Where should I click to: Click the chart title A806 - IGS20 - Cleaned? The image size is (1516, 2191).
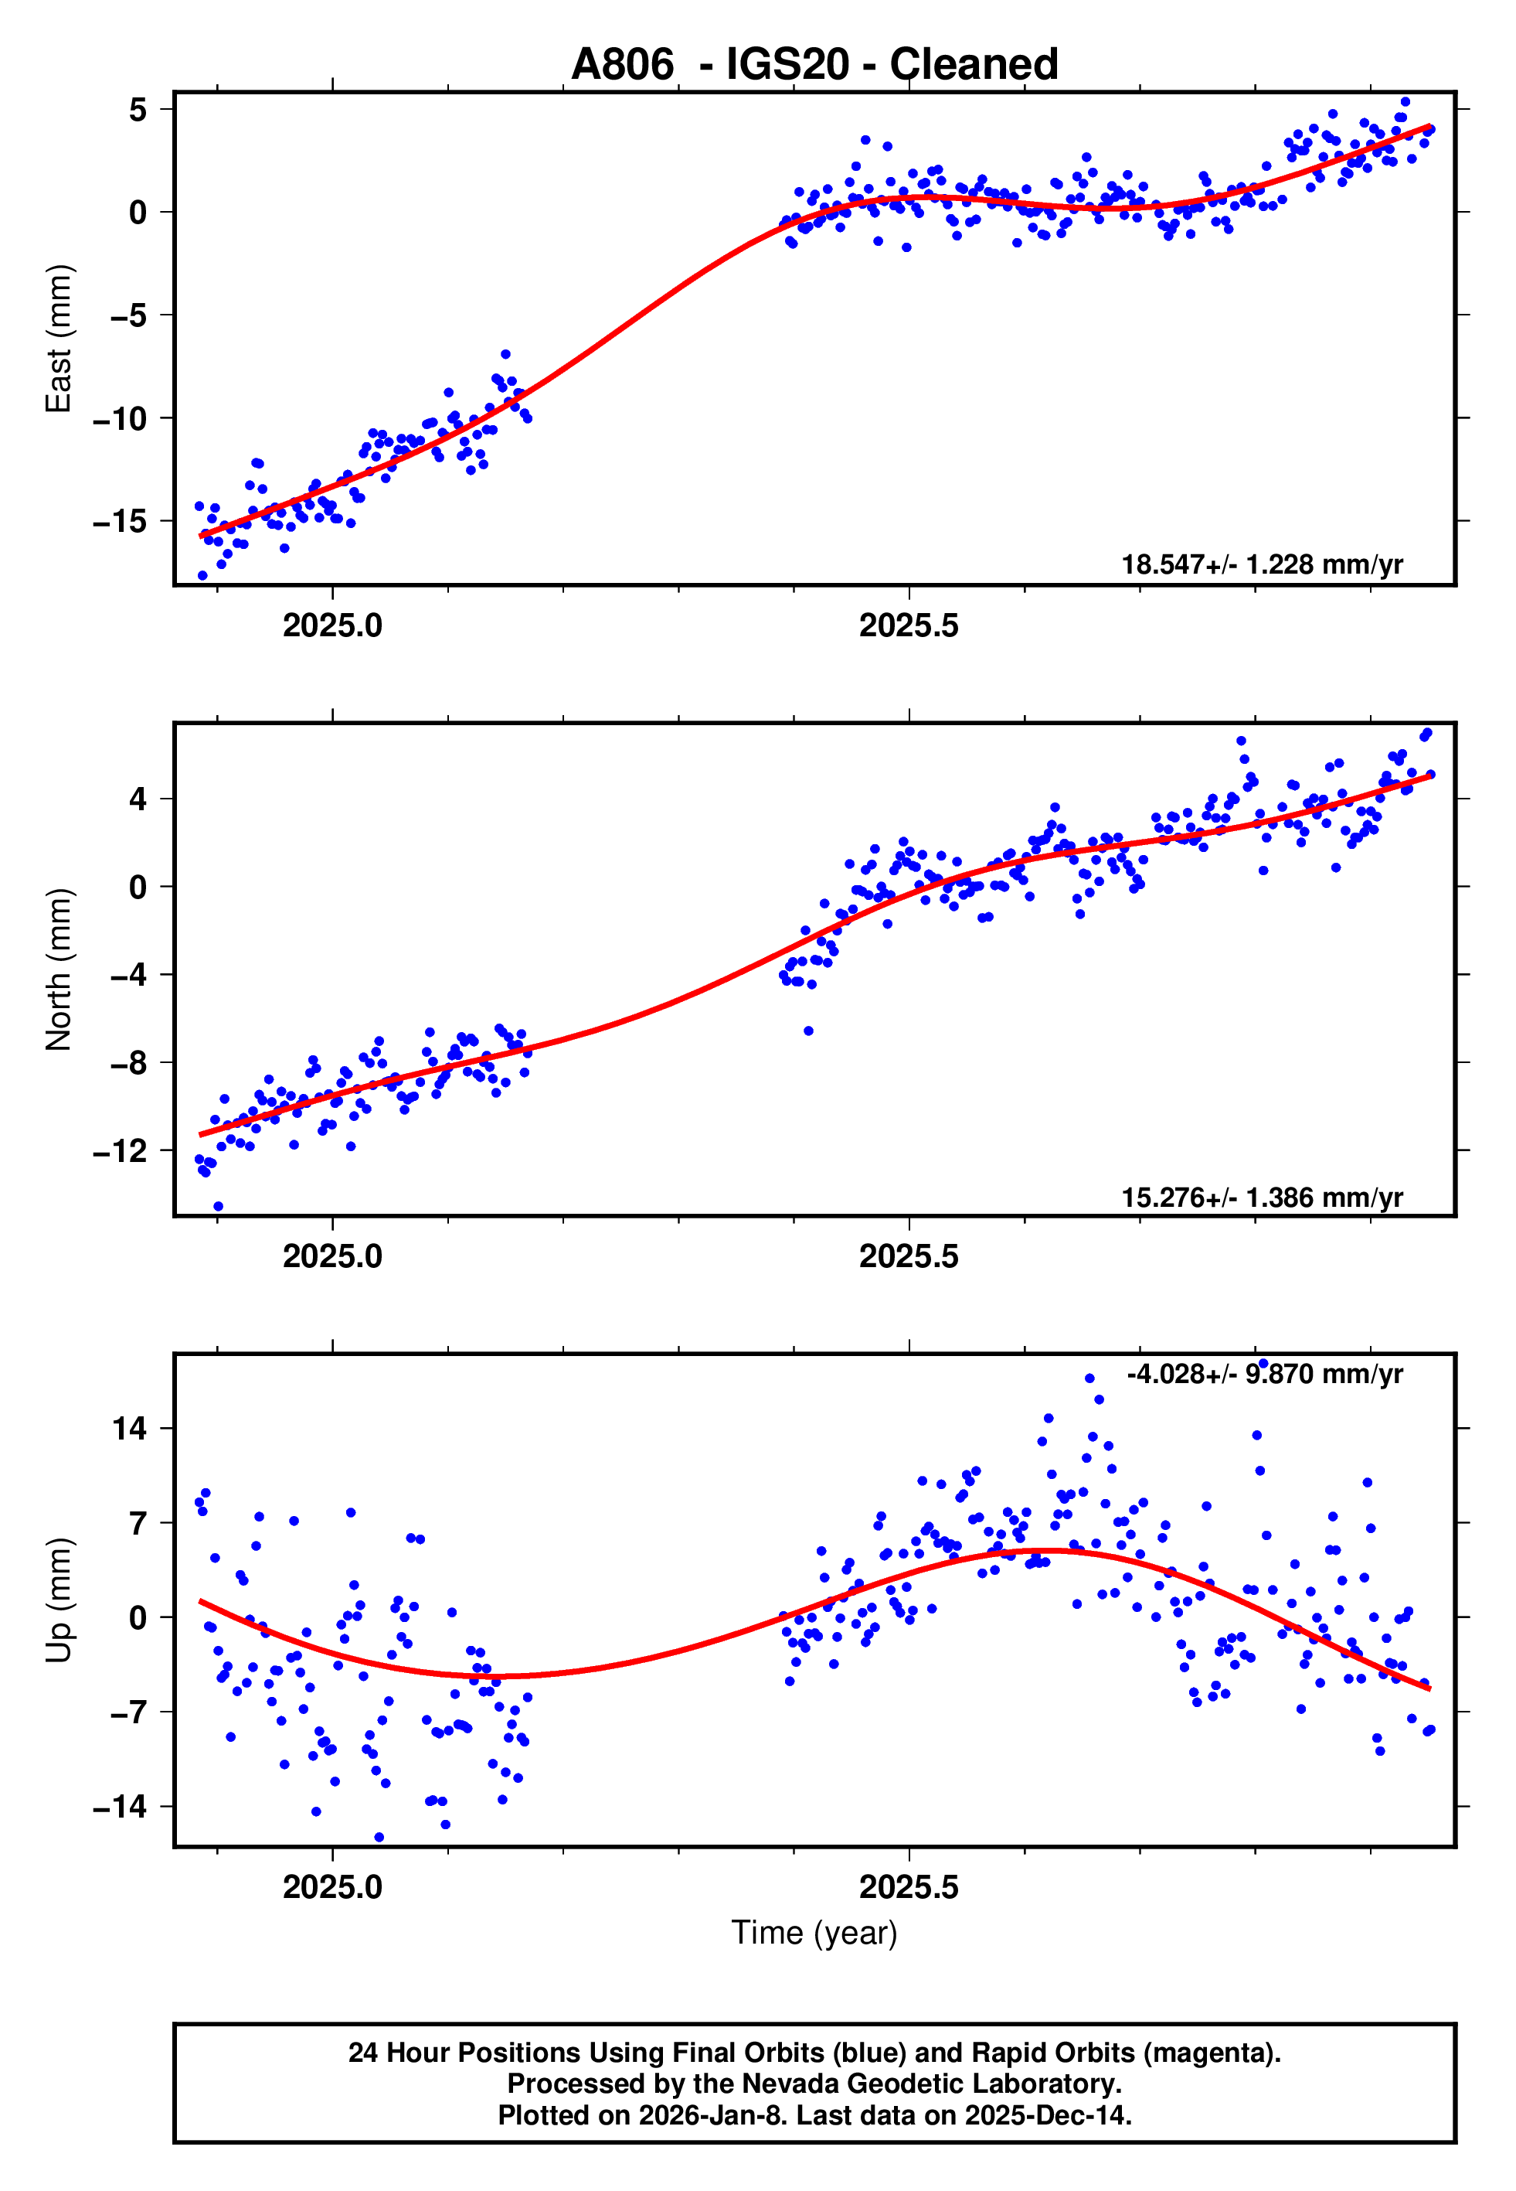coord(814,65)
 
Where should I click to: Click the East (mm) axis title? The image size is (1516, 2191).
coord(59,339)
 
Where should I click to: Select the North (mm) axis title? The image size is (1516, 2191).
coord(59,969)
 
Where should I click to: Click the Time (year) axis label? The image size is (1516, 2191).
coord(814,1933)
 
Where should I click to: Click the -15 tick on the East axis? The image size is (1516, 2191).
coord(121,522)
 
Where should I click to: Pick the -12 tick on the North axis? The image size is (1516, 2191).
coord(121,1152)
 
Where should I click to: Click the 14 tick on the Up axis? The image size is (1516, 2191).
coord(130,1428)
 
